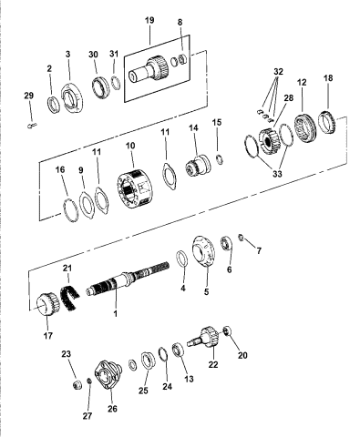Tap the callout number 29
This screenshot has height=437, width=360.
pos(28,95)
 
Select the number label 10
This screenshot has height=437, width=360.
pos(130,146)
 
